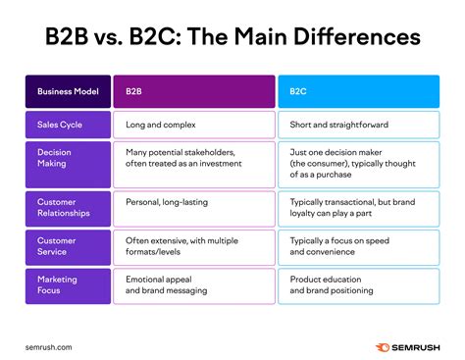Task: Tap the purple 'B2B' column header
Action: pos(192,91)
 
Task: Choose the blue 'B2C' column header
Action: pos(357,91)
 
